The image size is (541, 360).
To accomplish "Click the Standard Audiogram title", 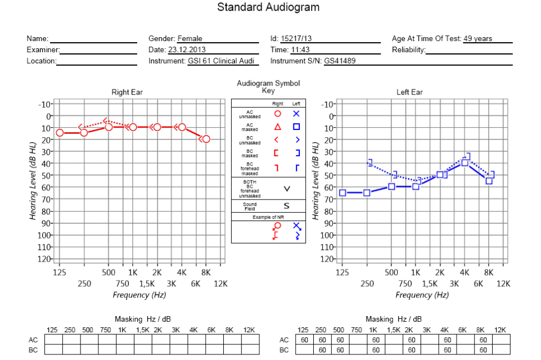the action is [268, 7].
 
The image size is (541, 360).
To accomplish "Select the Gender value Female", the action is [190, 39].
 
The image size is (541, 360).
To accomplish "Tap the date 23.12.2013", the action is [187, 49].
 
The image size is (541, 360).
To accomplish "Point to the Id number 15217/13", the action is [296, 39].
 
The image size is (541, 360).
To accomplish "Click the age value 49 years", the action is [478, 39].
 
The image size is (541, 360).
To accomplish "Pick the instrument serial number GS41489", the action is [339, 61].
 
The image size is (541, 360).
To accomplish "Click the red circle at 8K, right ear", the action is [206, 139].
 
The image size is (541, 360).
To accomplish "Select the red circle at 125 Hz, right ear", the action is [59, 133].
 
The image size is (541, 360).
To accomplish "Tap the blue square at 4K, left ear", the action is [465, 163].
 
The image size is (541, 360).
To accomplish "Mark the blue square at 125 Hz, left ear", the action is [342, 193].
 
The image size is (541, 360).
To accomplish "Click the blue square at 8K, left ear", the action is [489, 181].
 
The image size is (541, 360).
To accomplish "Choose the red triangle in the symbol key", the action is [277, 127].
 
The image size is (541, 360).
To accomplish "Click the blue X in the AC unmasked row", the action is [296, 113].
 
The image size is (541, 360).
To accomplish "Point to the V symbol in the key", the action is [287, 189].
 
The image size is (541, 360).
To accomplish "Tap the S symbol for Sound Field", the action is [287, 206].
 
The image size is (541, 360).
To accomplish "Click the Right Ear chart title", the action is [127, 92].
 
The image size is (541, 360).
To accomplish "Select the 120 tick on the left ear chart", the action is [327, 259].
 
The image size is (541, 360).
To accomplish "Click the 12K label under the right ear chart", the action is [221, 284].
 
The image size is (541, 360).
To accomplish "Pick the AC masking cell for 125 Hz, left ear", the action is [304, 339].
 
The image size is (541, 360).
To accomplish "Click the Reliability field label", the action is [408, 49].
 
